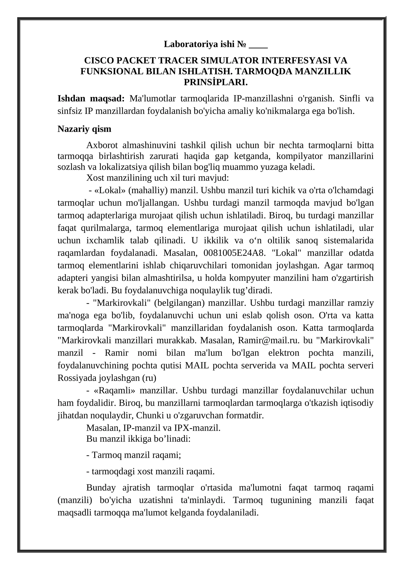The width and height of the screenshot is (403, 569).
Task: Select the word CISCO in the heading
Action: tap(97, 61)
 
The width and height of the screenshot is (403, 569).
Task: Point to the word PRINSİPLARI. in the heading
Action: tap(216, 82)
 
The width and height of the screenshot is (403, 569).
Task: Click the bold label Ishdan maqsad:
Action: tap(91, 98)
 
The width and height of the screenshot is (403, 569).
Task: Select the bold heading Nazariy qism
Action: tap(84, 129)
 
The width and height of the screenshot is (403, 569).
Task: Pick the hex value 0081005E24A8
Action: tap(234, 253)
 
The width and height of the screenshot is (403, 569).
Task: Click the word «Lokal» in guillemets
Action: tap(110, 190)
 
